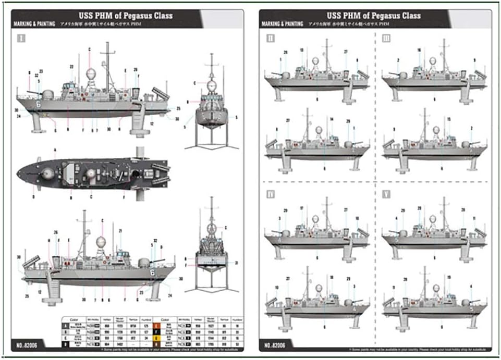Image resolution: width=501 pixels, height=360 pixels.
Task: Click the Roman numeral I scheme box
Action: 21,38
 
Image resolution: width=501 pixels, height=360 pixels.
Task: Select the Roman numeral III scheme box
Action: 386,38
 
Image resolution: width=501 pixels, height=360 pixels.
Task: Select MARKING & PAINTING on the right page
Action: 282,24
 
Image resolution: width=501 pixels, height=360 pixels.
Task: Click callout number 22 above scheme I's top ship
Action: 71,67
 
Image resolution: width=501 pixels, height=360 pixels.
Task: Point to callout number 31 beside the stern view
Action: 236,263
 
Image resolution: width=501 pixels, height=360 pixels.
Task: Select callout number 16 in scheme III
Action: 419,50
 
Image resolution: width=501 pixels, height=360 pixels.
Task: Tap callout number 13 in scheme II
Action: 301,50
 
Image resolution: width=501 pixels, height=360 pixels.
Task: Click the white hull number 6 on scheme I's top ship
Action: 39,104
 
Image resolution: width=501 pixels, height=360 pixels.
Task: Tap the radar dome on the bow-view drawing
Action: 212,85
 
